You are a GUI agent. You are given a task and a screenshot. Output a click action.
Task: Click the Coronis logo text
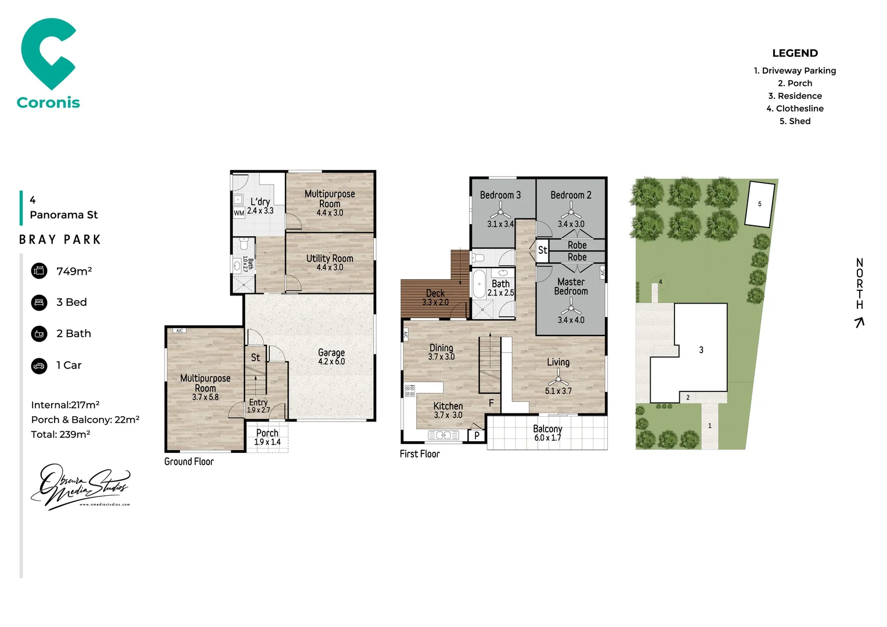click(x=48, y=103)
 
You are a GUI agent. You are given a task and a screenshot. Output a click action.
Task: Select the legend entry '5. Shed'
click(x=795, y=121)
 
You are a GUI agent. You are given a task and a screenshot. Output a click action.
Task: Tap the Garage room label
click(x=331, y=356)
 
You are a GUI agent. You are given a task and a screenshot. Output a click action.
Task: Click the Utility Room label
click(x=330, y=262)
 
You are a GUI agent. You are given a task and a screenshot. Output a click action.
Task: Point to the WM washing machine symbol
click(x=239, y=213)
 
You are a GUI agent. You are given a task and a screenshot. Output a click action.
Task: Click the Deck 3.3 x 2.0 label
click(x=435, y=297)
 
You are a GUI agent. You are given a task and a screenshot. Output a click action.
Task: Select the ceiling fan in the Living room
click(x=558, y=379)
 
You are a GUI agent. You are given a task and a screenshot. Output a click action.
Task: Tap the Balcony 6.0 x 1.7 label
click(x=547, y=433)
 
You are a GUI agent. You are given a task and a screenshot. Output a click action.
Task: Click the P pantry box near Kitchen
click(x=477, y=435)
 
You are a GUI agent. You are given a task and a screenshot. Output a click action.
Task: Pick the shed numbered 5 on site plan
click(x=759, y=204)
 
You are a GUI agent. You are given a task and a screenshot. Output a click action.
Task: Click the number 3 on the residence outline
click(x=701, y=350)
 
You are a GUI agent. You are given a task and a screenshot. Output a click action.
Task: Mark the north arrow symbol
click(x=860, y=322)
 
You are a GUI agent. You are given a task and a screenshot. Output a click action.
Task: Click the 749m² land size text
click(x=74, y=271)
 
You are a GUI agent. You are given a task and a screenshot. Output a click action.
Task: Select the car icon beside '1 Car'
click(x=39, y=366)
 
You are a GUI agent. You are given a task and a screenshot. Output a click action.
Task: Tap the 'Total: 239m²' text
click(x=60, y=434)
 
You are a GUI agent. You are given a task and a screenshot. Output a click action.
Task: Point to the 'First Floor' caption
click(x=420, y=454)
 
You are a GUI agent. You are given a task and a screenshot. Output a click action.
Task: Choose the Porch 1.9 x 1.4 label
click(x=267, y=437)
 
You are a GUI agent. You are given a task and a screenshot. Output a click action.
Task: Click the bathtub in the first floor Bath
click(x=479, y=284)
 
